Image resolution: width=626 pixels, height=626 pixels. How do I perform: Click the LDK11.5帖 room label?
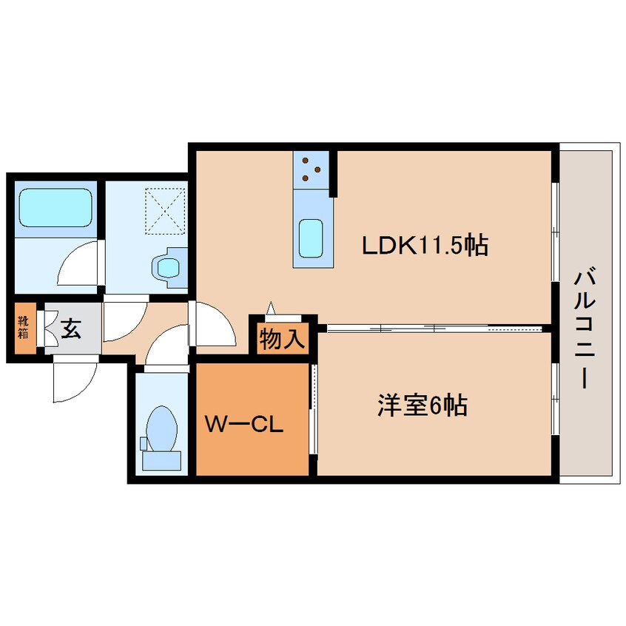point(425,245)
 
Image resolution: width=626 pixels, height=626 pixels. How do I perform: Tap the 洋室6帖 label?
point(423,405)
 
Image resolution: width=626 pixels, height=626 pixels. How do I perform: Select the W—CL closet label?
point(244,424)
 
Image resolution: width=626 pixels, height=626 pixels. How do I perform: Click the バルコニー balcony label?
point(585,329)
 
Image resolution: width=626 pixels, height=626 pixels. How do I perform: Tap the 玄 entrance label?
point(71,329)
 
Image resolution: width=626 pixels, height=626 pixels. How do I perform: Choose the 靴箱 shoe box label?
point(23,327)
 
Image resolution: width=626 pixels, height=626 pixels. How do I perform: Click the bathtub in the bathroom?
point(55,208)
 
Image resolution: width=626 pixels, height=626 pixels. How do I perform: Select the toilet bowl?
point(161,429)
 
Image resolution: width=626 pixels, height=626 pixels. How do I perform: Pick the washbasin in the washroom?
point(169,267)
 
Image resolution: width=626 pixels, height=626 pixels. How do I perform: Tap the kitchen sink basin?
point(311,238)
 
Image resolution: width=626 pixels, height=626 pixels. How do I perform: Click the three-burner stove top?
point(311,169)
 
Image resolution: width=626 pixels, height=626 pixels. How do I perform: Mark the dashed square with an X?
point(165,212)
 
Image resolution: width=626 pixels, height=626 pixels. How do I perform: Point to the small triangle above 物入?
point(271,309)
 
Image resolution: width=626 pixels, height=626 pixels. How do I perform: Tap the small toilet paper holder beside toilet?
point(144,443)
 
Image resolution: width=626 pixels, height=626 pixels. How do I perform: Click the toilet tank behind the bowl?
point(162,461)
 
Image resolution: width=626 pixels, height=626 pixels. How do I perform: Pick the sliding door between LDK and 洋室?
point(434,329)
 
